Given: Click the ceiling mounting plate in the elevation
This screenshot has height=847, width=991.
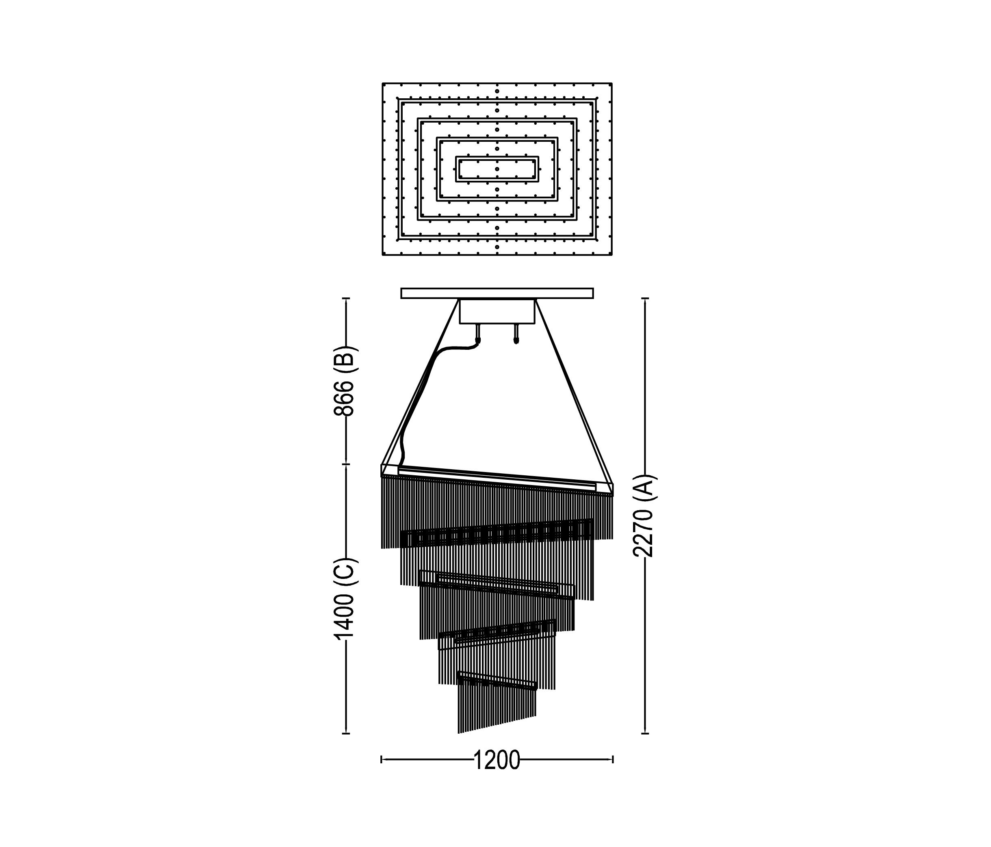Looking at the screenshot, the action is pyautogui.click(x=497, y=293).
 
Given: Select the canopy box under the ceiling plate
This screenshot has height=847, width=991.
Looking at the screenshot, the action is pyautogui.click(x=497, y=311).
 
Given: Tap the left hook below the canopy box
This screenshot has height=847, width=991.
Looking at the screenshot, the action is pyautogui.click(x=477, y=334).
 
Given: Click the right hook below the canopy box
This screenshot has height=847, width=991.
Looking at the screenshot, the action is pyautogui.click(x=516, y=334).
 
